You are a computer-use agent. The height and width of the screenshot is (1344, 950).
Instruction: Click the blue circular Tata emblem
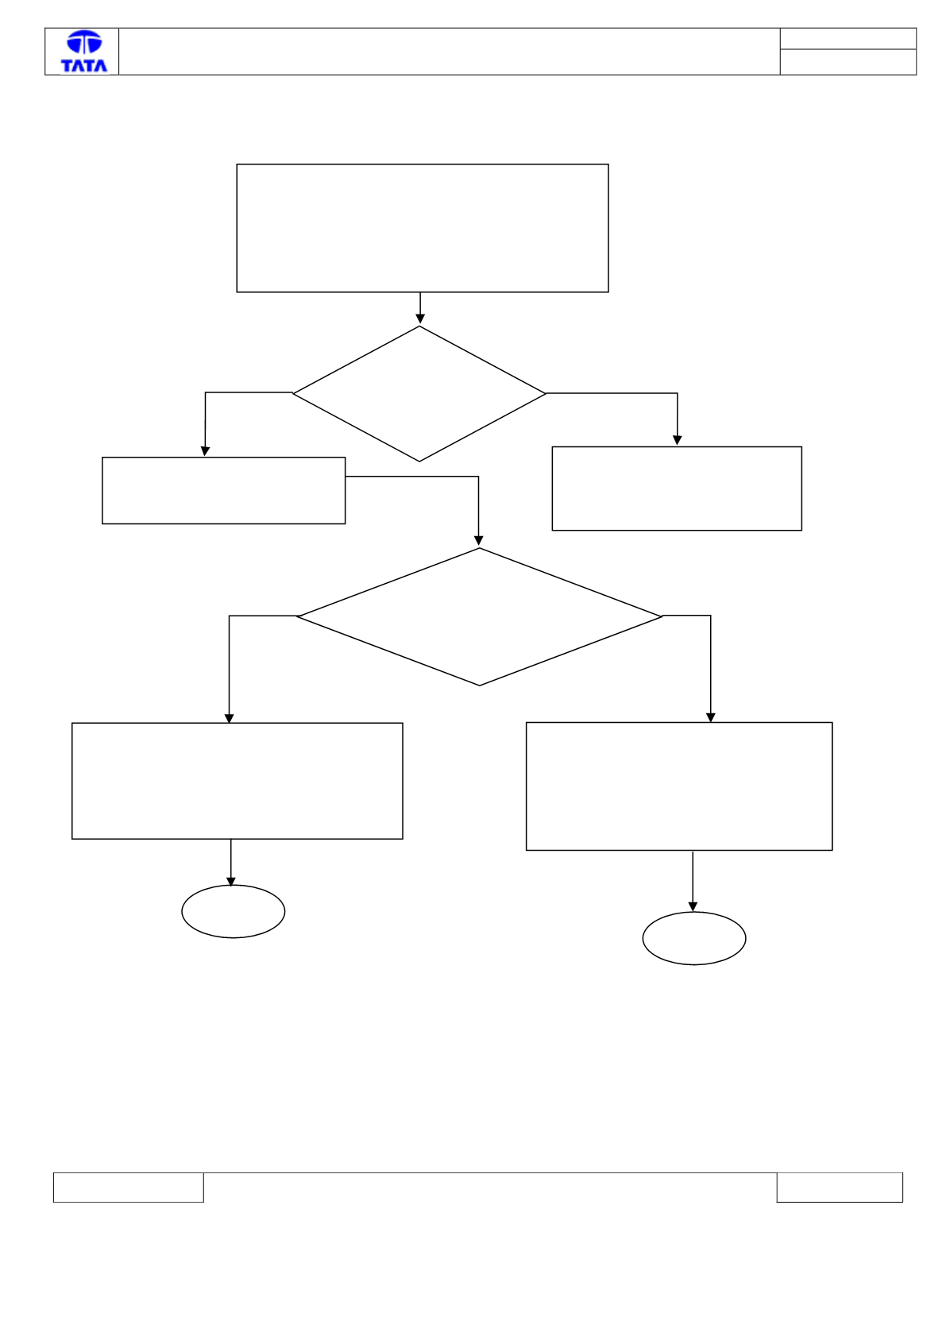coord(84,43)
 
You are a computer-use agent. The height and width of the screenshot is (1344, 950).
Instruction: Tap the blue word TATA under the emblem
coord(84,65)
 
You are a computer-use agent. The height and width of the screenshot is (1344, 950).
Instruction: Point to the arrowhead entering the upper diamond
coord(420,319)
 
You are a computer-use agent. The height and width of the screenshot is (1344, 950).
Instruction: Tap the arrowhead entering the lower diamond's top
coord(478,541)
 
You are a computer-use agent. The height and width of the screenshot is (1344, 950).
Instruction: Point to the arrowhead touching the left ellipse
coord(230,882)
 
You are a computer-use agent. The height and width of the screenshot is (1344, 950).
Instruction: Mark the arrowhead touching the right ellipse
coord(693,906)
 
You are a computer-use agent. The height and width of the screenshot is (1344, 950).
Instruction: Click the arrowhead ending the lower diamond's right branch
coord(711,717)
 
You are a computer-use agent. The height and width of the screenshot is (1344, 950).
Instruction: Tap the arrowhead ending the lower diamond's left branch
coord(229,718)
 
